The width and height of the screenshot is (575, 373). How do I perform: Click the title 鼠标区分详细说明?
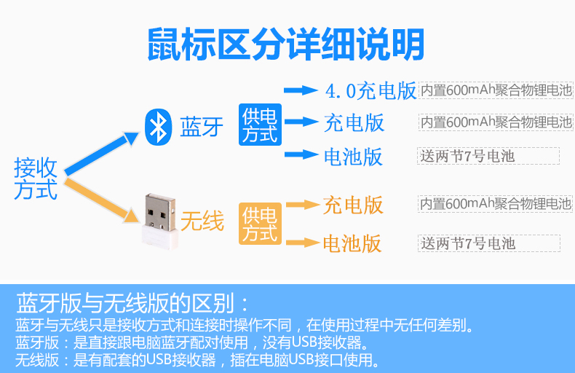pyautogui.click(x=285, y=44)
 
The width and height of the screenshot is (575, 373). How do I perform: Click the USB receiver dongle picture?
pyautogui.click(x=162, y=218)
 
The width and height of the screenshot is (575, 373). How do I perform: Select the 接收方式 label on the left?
pyautogui.click(x=35, y=178)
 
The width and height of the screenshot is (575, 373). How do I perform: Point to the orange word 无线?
pyautogui.click(x=202, y=220)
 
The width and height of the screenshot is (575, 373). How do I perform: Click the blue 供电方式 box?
pyautogui.click(x=260, y=124)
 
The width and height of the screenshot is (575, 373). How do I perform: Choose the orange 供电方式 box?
pyautogui.click(x=260, y=224)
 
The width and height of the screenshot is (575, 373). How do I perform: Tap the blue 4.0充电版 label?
pyautogui.click(x=370, y=90)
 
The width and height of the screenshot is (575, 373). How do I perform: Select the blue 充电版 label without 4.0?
pyautogui.click(x=354, y=122)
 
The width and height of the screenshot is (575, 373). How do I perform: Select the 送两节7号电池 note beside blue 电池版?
pyautogui.click(x=488, y=156)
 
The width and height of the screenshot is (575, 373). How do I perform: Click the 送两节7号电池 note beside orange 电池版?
pyautogui.click(x=488, y=243)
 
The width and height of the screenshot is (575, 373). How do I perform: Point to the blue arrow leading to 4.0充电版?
pyautogui.click(x=301, y=90)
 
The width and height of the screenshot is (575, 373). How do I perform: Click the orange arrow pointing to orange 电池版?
pyautogui.click(x=302, y=243)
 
